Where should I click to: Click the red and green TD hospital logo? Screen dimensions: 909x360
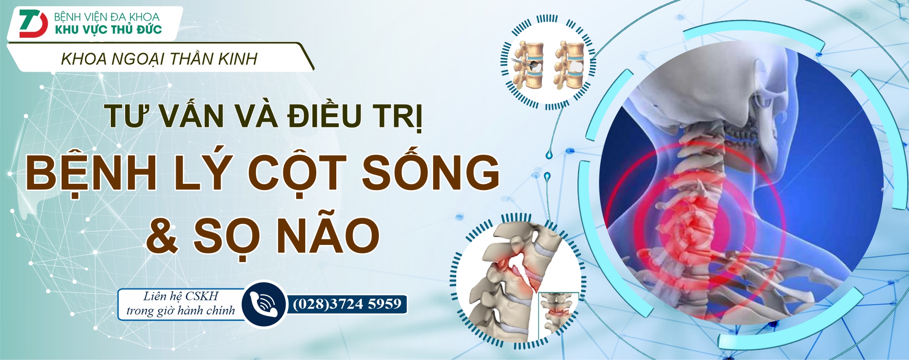33,23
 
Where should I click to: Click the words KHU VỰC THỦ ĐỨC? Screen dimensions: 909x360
108,30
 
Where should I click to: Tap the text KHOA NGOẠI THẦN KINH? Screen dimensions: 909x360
159,59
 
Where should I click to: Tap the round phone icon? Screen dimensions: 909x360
264,304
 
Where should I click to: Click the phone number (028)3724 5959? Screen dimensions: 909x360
347,304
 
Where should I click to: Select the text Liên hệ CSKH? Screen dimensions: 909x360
181,296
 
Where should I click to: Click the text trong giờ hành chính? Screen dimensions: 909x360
181,311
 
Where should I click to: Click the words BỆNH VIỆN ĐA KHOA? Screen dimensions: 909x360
107,17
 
